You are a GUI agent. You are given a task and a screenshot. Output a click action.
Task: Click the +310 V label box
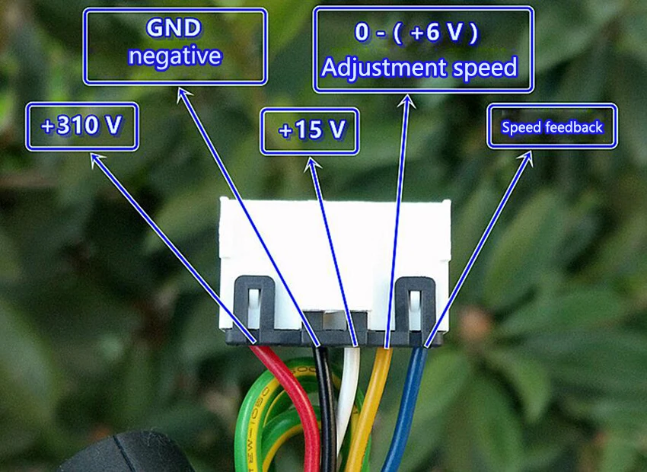click(x=82, y=126)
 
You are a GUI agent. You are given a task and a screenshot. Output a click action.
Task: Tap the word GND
click(x=174, y=28)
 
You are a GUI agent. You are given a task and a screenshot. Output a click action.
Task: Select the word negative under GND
click(x=175, y=56)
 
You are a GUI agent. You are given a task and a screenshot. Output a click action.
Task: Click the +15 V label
click(x=310, y=131)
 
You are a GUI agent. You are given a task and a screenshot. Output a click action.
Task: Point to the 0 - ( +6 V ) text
click(x=416, y=33)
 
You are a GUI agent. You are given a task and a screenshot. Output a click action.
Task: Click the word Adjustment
click(x=384, y=68)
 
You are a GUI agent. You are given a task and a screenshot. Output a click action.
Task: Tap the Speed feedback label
click(x=552, y=126)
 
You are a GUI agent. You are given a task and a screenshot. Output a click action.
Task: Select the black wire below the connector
click(x=327, y=409)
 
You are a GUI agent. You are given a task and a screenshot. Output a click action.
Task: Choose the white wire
click(x=347, y=396)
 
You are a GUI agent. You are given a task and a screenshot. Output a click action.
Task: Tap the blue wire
click(x=406, y=409)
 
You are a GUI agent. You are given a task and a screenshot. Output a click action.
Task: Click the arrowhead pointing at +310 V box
click(x=97, y=159)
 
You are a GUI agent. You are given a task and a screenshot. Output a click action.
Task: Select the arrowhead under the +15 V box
click(x=313, y=164)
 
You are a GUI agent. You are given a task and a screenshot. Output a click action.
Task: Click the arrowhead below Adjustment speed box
click(x=407, y=101)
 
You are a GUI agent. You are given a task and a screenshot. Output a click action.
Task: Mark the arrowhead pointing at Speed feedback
click(x=527, y=158)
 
